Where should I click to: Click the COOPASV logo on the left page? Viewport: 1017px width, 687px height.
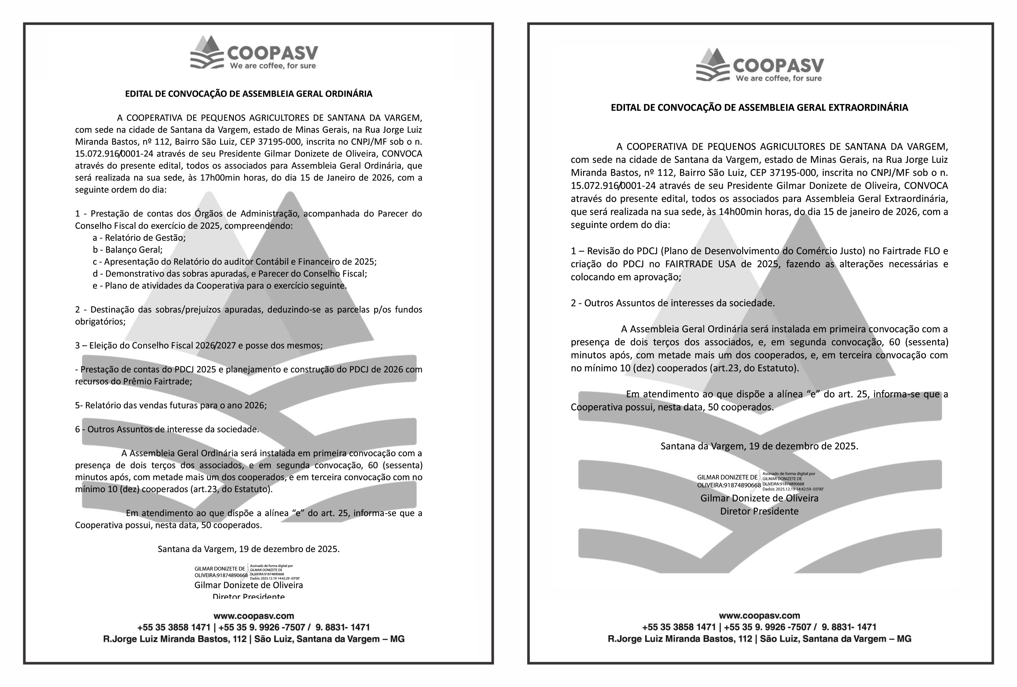pos(254,53)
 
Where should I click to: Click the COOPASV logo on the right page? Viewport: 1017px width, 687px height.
pos(759,66)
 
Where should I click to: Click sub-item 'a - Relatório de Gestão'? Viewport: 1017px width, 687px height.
pos(139,238)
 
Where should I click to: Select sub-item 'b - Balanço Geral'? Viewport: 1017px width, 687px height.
pos(127,250)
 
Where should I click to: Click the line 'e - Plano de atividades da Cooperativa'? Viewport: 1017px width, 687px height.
pos(219,286)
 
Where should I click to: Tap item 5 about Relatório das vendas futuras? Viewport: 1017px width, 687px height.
pos(171,405)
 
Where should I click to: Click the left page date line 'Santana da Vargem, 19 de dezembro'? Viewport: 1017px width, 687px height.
pos(249,549)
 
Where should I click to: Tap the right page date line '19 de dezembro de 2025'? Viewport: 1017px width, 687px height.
pos(759,446)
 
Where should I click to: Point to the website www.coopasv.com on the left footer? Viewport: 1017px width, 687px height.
pos(254,616)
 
